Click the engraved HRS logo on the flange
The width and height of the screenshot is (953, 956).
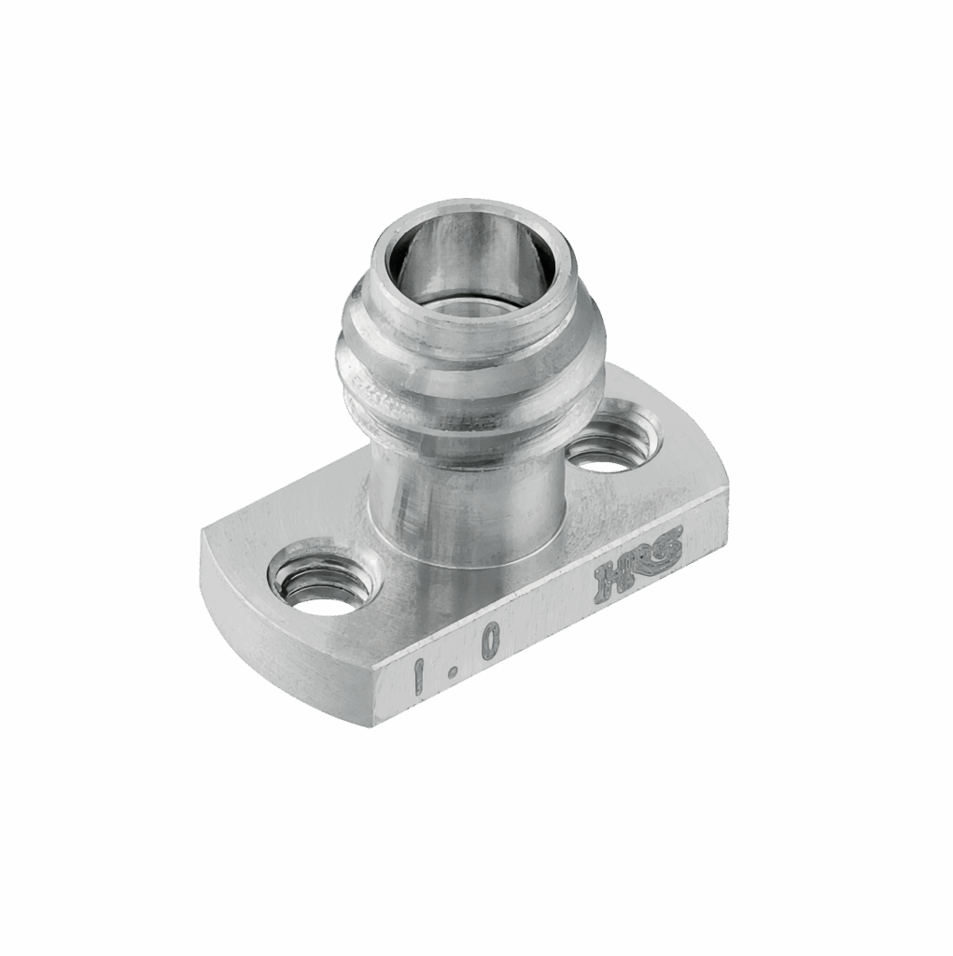click(x=638, y=563)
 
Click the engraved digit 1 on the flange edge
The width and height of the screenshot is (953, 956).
click(x=419, y=674)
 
